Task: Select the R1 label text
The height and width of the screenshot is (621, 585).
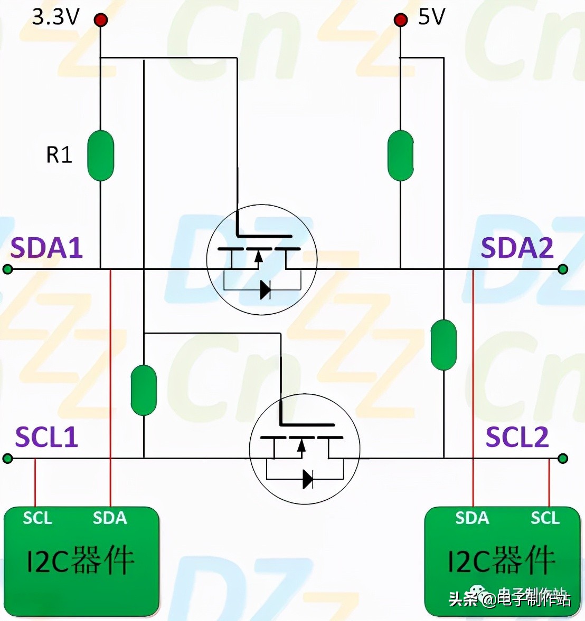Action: (59, 154)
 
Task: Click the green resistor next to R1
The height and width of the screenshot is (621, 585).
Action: (101, 156)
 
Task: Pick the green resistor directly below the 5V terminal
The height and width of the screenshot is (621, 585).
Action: (401, 156)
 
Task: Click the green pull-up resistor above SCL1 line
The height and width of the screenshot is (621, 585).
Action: (144, 391)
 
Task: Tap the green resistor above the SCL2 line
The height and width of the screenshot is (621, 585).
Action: (444, 345)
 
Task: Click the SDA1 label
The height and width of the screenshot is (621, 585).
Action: (46, 248)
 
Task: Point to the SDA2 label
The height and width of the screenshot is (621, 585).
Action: (517, 248)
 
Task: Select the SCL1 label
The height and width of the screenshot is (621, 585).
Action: (46, 437)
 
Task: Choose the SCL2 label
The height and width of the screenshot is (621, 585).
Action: (517, 437)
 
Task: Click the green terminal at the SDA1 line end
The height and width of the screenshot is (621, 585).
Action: (7, 269)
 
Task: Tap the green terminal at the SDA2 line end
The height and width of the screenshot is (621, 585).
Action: (563, 269)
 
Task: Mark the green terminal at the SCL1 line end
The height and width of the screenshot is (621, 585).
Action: (7, 459)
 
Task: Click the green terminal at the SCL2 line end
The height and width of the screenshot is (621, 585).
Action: (563, 459)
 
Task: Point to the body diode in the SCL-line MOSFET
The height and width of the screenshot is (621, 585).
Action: (308, 479)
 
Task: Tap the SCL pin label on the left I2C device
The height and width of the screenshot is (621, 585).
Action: (37, 518)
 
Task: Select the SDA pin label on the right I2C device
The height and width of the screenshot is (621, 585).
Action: (472, 518)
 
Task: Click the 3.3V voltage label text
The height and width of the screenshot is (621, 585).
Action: (56, 17)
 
